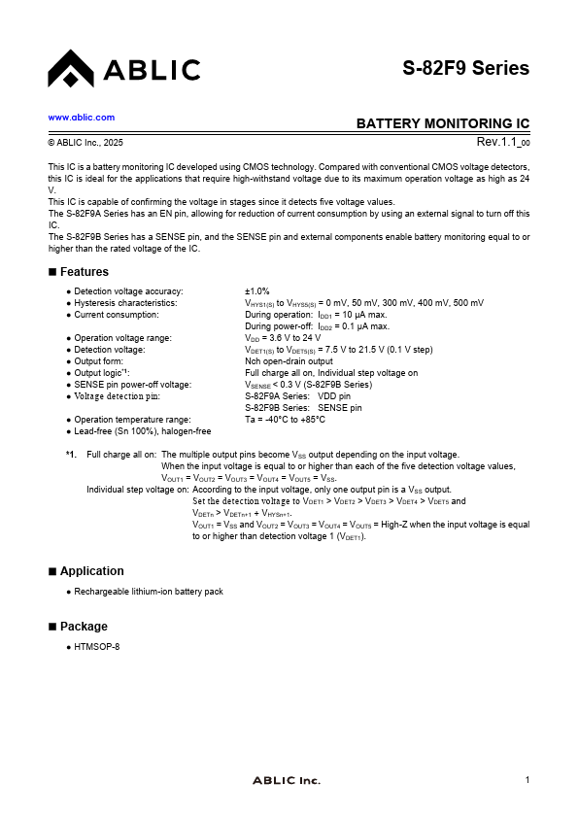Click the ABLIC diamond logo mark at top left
click(70, 68)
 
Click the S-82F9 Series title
click(466, 68)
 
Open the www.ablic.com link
click(82, 117)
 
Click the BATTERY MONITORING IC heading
click(443, 124)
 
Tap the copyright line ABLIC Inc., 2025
click(86, 143)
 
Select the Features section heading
click(84, 272)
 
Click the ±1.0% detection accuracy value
click(257, 291)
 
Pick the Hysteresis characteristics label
click(125, 303)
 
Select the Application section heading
click(91, 571)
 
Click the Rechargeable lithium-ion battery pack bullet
click(149, 592)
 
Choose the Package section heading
click(84, 627)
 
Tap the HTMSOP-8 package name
click(97, 646)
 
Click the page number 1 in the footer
click(527, 780)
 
